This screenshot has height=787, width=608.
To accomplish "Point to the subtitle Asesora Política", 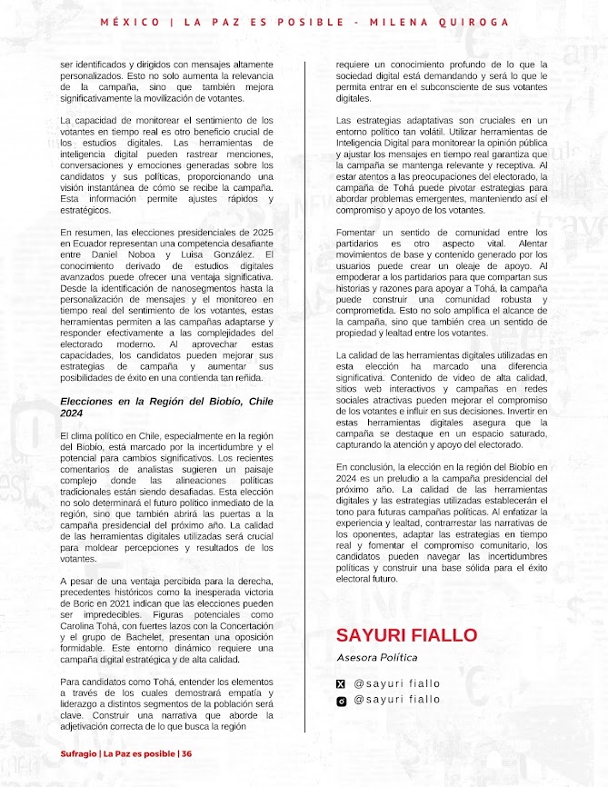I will coord(377,656).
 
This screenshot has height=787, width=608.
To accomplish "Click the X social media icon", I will coord(342,683).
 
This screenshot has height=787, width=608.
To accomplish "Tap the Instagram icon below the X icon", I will coord(342,701).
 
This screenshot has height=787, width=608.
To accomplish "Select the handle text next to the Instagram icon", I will coord(396,700).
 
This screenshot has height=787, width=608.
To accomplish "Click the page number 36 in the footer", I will coord(186,753).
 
